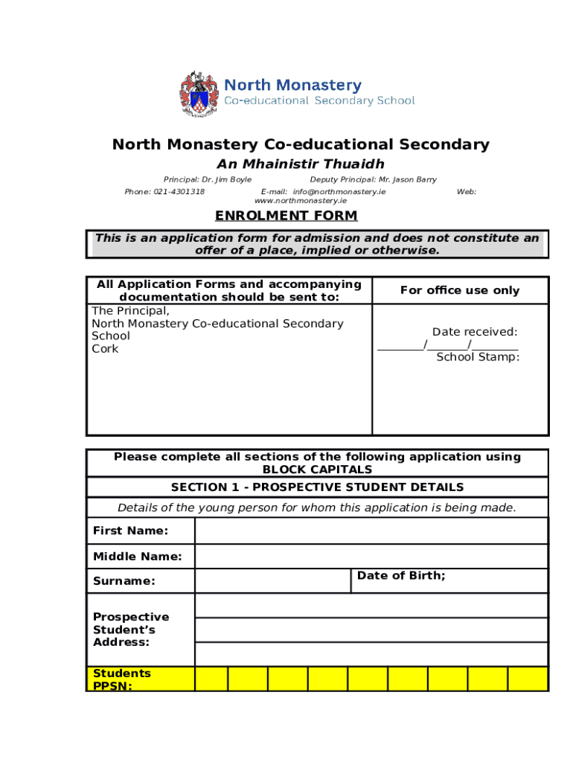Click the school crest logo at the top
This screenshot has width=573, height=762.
(x=198, y=94)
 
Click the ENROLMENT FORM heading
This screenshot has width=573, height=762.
(x=286, y=216)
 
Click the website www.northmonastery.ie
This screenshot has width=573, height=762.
(x=300, y=201)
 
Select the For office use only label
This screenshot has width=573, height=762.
(x=459, y=290)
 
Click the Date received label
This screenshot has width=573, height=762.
(x=475, y=332)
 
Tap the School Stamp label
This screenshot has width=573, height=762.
(x=478, y=357)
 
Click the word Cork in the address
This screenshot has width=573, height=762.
(x=105, y=349)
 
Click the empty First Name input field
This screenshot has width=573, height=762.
(x=371, y=531)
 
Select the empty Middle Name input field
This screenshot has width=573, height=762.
(x=371, y=557)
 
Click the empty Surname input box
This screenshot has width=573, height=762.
(x=272, y=580)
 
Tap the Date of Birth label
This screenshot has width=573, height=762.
(x=401, y=576)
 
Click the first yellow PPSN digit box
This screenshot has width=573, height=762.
(x=211, y=679)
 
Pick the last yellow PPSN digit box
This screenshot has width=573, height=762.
(x=528, y=679)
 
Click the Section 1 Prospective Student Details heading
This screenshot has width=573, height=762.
(x=317, y=487)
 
